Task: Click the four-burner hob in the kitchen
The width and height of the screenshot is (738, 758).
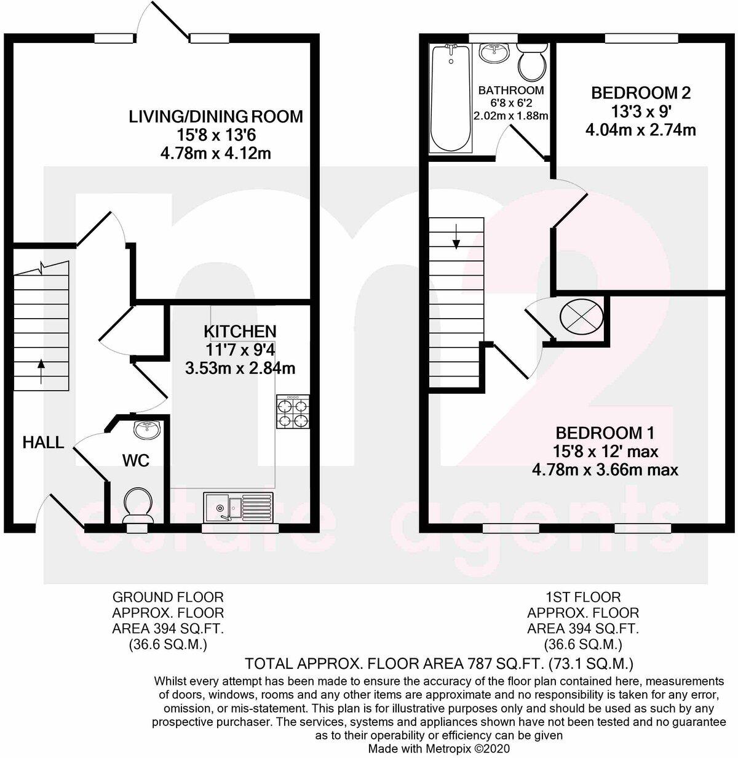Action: click(x=293, y=412)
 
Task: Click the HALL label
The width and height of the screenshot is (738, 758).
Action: click(x=43, y=442)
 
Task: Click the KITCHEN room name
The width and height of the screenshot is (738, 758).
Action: click(x=240, y=332)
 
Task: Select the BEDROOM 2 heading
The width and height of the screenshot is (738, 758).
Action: click(x=640, y=93)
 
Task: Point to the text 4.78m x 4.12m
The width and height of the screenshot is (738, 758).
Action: click(x=215, y=153)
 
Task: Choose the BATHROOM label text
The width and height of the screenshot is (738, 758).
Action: click(x=511, y=90)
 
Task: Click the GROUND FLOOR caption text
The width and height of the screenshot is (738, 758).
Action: click(x=167, y=597)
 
